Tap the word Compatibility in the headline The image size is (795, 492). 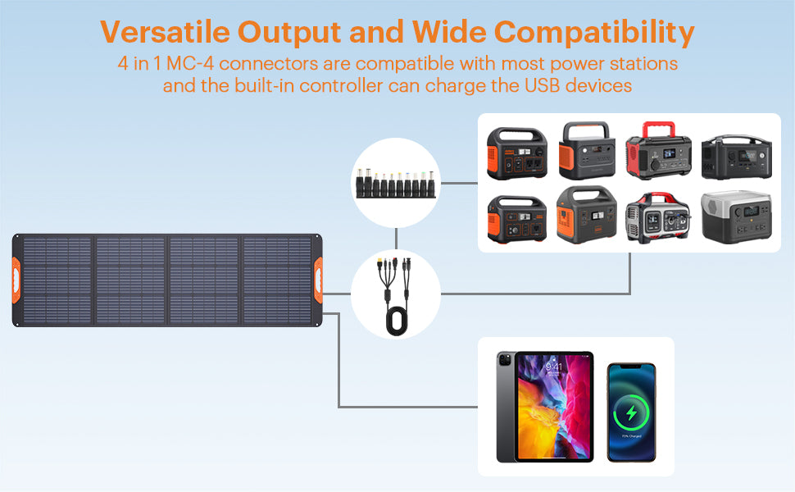594,34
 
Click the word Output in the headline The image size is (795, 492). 289,34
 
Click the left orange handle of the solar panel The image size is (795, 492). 16,280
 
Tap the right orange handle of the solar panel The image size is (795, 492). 318,280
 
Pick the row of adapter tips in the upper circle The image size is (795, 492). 396,183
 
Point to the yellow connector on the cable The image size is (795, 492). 379,264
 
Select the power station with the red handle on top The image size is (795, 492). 658,150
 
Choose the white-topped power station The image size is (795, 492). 736,217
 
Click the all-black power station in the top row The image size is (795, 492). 737,157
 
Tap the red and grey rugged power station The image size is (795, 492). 658,217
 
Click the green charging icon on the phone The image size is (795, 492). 631,413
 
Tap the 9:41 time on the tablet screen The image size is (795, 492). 554,367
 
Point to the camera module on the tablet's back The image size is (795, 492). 505,361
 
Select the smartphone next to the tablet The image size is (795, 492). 631,412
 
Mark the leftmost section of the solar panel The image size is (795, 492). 56,280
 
